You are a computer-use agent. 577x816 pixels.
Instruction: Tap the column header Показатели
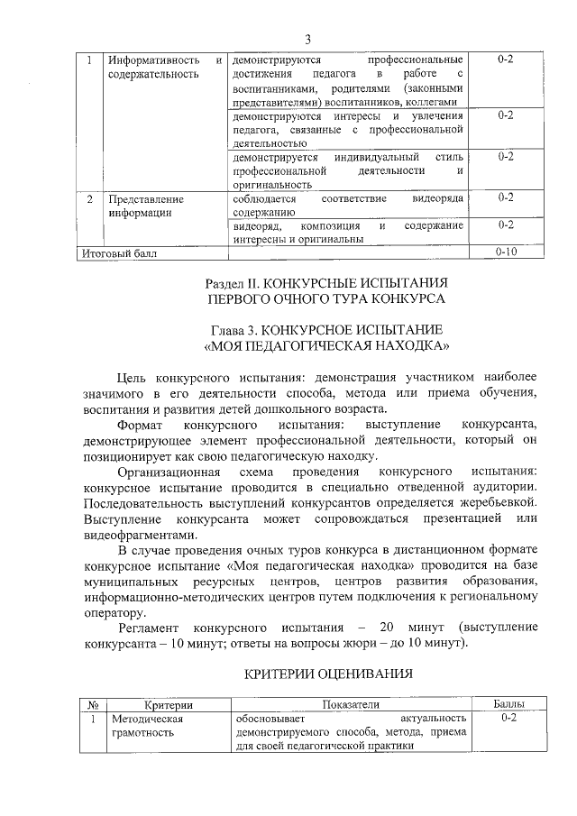[348, 703]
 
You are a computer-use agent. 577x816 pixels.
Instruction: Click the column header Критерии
[169, 703]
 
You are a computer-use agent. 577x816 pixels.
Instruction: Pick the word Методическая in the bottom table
[146, 719]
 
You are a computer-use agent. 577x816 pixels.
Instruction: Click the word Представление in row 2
[146, 198]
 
